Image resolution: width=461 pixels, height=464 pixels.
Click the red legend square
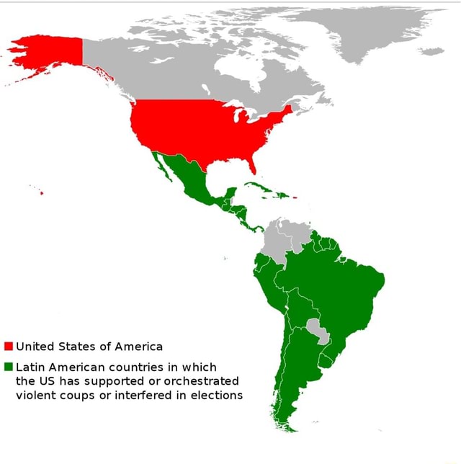(x=8, y=346)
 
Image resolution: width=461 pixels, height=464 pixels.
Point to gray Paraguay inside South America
(x=318, y=330)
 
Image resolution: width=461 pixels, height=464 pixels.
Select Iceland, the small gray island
(x=432, y=51)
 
